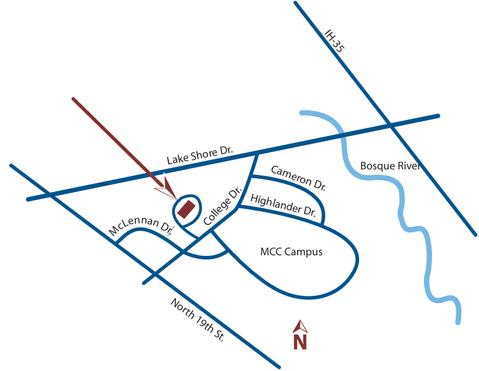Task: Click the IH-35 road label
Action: (x=335, y=41)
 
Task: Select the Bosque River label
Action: (x=390, y=165)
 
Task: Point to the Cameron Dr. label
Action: (x=298, y=178)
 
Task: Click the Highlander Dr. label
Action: (x=283, y=204)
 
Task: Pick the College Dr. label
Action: (x=222, y=206)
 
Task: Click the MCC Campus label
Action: (x=291, y=252)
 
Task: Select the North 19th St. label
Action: (x=197, y=319)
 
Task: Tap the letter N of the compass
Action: (x=299, y=342)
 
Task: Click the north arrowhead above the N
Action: (x=300, y=326)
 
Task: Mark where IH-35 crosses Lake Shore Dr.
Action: (x=391, y=125)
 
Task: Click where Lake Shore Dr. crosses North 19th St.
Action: (x=52, y=194)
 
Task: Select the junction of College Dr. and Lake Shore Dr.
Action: (x=257, y=153)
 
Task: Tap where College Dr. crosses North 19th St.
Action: (x=155, y=275)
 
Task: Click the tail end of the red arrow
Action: (x=73, y=98)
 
